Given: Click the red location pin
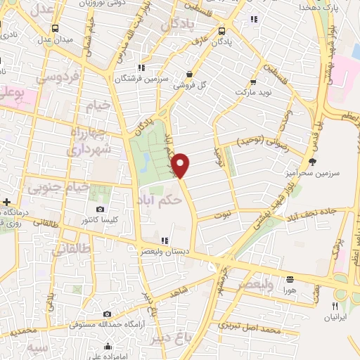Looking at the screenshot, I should [x=181, y=165].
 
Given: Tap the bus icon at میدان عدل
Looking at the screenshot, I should [x=55, y=28].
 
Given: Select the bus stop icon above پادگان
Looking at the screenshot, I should [x=222, y=31].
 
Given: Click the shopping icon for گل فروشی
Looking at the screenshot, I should [x=189, y=74].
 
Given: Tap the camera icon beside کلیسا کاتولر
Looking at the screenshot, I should [x=100, y=210].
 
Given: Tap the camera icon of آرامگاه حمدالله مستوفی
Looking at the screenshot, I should [x=106, y=314].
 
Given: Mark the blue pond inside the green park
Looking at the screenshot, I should [x=143, y=163].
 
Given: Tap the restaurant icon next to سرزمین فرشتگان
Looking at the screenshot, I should [x=141, y=68].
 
